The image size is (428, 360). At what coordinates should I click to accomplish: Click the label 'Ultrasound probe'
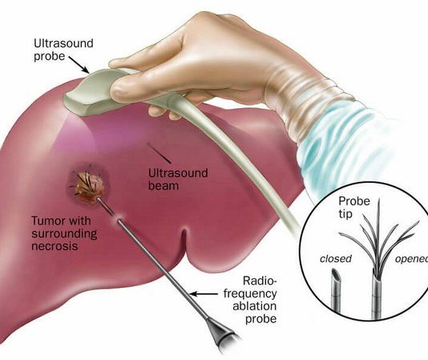(x=63, y=50)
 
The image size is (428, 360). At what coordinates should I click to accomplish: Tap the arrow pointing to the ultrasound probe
(x=79, y=65)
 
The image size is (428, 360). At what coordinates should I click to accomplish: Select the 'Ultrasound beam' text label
(x=178, y=179)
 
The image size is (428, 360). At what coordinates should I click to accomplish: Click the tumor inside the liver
(x=88, y=185)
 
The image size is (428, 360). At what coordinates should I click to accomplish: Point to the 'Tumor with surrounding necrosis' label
(x=64, y=233)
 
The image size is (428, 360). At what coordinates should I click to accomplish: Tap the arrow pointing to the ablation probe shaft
(x=204, y=294)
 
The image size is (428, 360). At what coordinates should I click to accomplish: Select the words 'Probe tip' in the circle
(x=354, y=208)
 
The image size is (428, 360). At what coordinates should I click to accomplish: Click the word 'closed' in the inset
(x=336, y=259)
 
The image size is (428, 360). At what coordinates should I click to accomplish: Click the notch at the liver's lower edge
(x=184, y=241)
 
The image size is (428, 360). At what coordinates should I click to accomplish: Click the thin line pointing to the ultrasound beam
(x=159, y=153)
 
